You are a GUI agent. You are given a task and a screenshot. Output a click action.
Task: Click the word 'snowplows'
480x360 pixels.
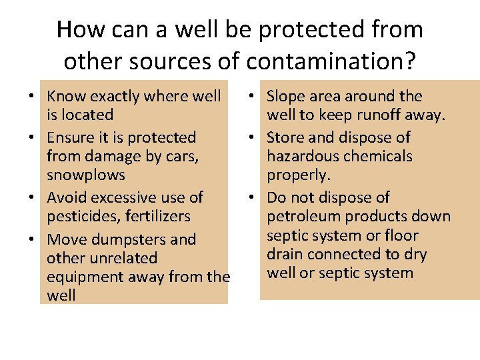tap(86, 175)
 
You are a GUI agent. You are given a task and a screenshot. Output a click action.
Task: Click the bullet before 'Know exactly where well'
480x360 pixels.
tap(32, 97)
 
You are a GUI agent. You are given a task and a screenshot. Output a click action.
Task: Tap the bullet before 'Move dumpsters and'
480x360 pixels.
tap(32, 240)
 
